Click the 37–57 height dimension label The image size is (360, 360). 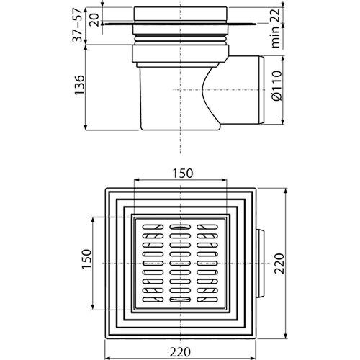point(78,24)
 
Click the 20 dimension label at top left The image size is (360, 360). point(95,19)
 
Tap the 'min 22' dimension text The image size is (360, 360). point(276,28)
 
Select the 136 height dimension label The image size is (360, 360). point(79,86)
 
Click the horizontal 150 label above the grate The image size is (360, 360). point(183,174)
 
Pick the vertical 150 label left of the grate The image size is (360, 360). point(86,259)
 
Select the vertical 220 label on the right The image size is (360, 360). point(279,264)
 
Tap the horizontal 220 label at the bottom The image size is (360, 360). point(180,352)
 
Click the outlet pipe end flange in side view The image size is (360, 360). point(261,90)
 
